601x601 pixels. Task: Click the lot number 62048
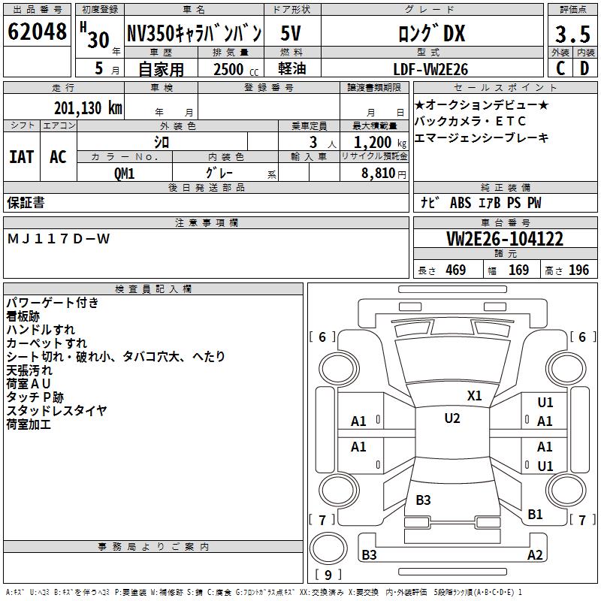pyautogui.click(x=37, y=32)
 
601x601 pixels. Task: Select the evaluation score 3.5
pyautogui.click(x=572, y=35)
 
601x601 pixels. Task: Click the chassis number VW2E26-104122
pyautogui.click(x=504, y=240)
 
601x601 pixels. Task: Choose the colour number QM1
pyautogui.click(x=124, y=172)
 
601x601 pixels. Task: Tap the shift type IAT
pyautogui.click(x=22, y=157)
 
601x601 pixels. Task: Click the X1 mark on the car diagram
pyautogui.click(x=475, y=396)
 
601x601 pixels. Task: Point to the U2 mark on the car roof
pyautogui.click(x=452, y=418)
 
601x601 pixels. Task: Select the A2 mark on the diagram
pyautogui.click(x=535, y=555)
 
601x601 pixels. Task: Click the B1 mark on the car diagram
pyautogui.click(x=535, y=514)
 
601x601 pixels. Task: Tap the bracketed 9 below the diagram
pyautogui.click(x=328, y=575)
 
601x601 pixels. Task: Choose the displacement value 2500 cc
pyautogui.click(x=235, y=69)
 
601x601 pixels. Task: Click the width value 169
pyautogui.click(x=518, y=270)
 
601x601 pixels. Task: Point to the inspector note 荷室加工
pyautogui.click(x=29, y=424)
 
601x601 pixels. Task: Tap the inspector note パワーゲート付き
pyautogui.click(x=52, y=303)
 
